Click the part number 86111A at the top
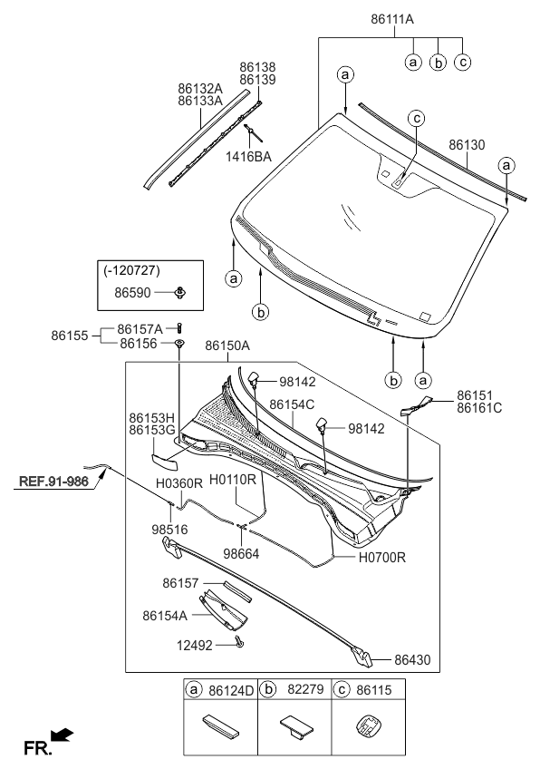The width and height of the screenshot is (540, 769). click(392, 19)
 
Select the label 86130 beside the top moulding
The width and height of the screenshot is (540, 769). click(467, 145)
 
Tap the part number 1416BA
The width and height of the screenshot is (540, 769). click(248, 157)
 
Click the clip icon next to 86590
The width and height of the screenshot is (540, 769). click(181, 293)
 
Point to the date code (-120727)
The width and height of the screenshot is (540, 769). click(131, 269)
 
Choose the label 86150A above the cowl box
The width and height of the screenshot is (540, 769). click(227, 346)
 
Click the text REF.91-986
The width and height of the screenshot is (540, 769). click(53, 482)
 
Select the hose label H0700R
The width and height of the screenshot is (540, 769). click(382, 558)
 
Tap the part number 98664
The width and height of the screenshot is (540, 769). click(241, 554)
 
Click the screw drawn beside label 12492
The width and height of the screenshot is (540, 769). click(239, 641)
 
